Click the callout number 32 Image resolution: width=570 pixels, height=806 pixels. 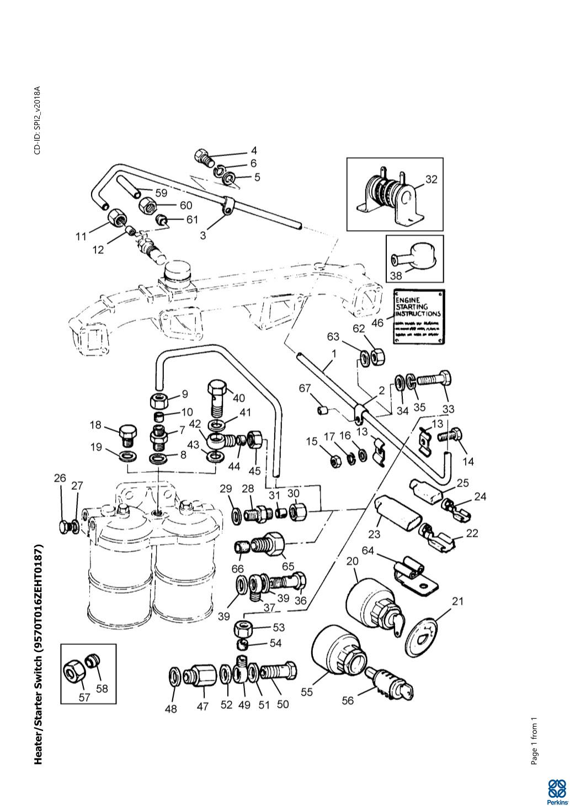(x=431, y=179)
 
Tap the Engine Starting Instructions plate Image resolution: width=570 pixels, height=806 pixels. (x=418, y=317)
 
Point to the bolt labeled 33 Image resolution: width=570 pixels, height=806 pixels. (x=435, y=380)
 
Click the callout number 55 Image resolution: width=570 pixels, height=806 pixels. (x=307, y=691)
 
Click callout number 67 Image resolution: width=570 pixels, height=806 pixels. (x=305, y=389)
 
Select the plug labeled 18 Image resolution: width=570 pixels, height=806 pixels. (x=127, y=434)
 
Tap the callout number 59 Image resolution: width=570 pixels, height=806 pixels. (x=161, y=193)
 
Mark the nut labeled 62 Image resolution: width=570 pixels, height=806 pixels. (x=377, y=357)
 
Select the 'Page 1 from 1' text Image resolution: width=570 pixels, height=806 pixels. (x=534, y=742)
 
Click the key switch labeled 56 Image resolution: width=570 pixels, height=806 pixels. (x=390, y=683)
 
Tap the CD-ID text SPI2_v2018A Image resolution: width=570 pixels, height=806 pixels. (x=38, y=120)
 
